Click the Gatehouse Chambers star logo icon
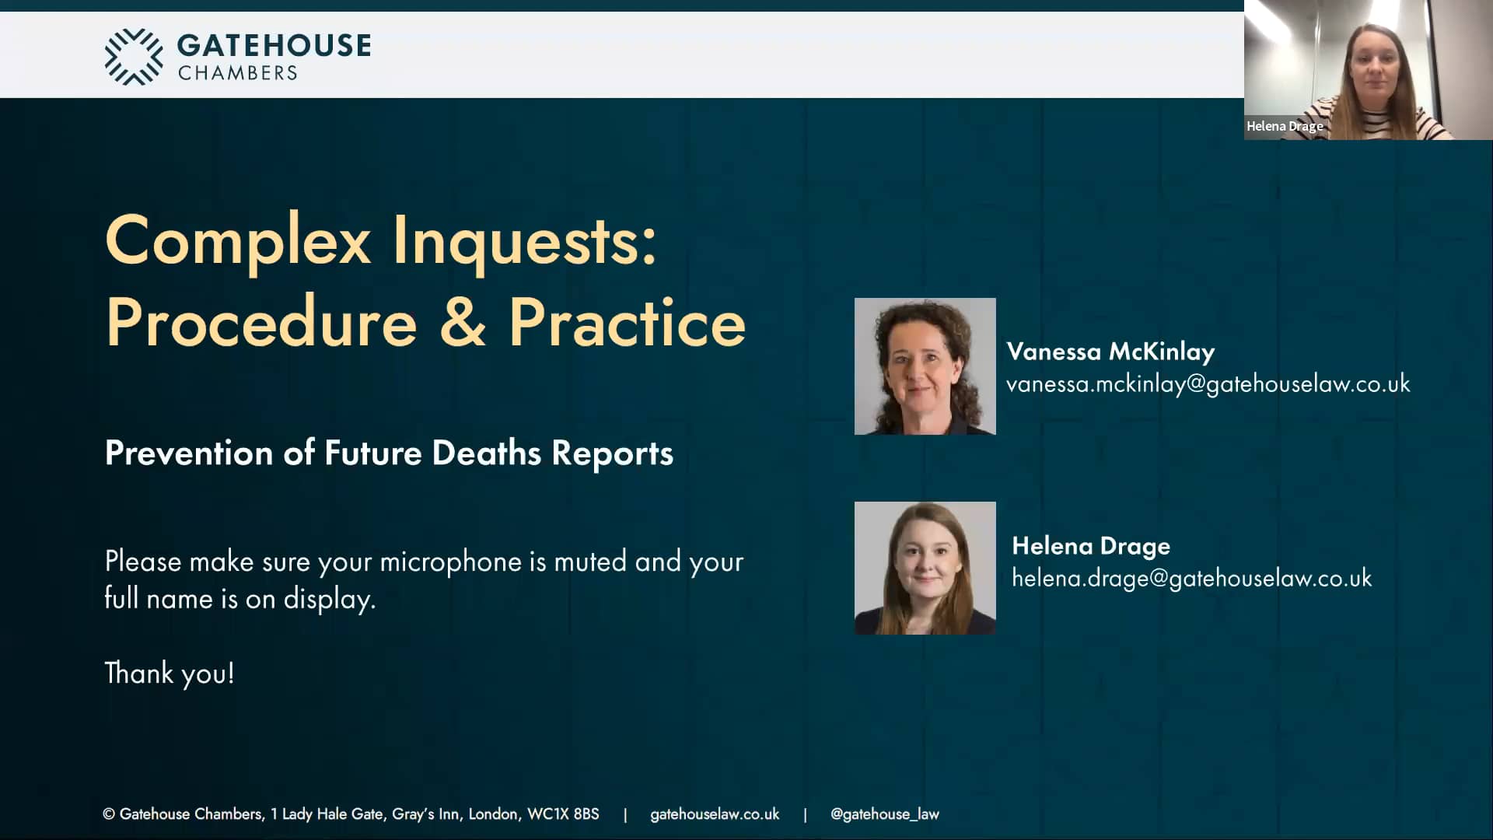click(x=134, y=56)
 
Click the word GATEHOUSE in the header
click(x=274, y=46)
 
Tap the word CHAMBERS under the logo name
click(x=238, y=73)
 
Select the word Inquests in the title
click(x=524, y=241)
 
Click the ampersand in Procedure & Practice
click(x=463, y=323)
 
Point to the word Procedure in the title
click(x=261, y=323)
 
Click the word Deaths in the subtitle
click(x=486, y=453)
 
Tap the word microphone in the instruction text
click(x=450, y=562)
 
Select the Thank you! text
click(x=170, y=674)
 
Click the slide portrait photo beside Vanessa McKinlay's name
click(x=925, y=366)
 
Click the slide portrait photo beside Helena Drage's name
click(x=925, y=568)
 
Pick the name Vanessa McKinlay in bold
click(x=1110, y=352)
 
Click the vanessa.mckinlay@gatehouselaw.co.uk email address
click(x=1208, y=384)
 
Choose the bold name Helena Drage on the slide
click(x=1091, y=546)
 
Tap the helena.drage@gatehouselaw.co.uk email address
click(x=1191, y=579)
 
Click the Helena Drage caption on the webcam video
click(x=1285, y=126)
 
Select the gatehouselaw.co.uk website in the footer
click(x=715, y=814)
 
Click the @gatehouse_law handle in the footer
click(x=885, y=814)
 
